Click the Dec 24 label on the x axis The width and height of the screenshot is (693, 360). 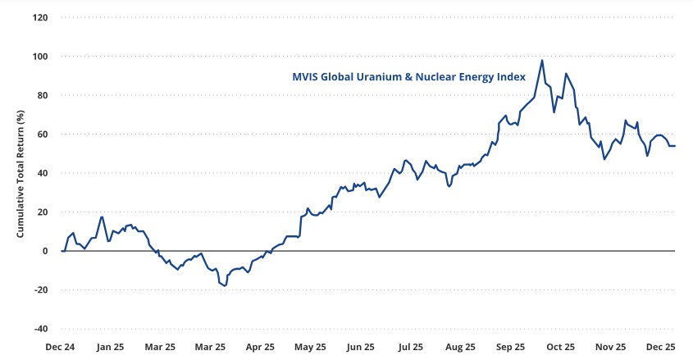point(60,347)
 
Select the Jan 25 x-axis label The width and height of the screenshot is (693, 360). point(110,347)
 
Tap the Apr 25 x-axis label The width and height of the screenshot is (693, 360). point(261,347)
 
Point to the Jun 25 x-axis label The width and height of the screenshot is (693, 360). point(362,347)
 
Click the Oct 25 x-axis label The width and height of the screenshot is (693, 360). point(562,347)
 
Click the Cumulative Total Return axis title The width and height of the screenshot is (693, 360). point(21,173)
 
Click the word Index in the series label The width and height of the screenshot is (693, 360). point(508,78)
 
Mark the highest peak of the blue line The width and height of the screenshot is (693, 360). point(542,60)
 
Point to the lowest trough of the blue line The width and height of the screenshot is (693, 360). point(224,285)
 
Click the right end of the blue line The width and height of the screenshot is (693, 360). point(674,146)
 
